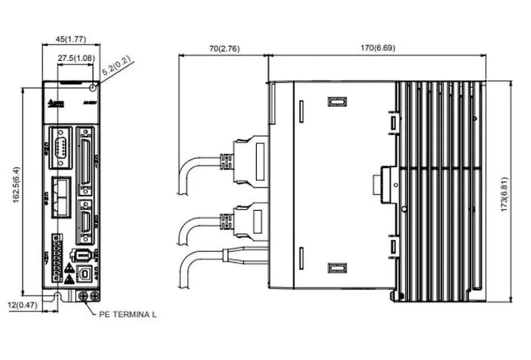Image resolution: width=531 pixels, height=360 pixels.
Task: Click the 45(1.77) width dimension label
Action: click(70, 39)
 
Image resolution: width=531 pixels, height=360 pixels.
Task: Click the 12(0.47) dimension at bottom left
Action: click(23, 306)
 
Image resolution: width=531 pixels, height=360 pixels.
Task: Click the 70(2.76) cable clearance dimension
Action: click(223, 49)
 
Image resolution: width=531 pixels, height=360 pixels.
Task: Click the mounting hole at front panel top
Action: click(91, 85)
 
